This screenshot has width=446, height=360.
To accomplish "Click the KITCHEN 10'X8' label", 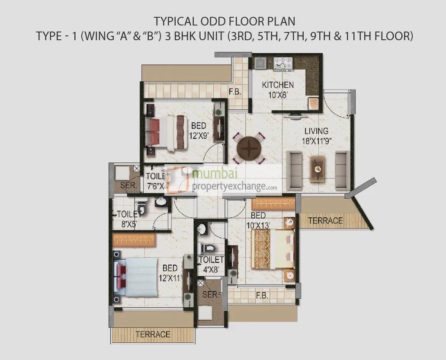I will (277, 89).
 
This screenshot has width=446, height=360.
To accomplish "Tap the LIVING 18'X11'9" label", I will (316, 135).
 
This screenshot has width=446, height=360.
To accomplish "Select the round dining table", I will (249, 148).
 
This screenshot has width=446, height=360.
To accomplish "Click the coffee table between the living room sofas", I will (317, 169).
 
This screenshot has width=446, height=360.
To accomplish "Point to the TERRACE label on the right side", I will (325, 220).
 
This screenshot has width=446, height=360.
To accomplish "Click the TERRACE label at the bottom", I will (153, 334).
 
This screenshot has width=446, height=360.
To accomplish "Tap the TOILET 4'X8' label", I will (211, 264).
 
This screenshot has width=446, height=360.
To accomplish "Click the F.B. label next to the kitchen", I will (235, 92).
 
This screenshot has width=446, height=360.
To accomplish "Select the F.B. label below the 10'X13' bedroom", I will (262, 296).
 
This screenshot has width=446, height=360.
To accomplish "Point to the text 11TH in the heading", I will (365, 36).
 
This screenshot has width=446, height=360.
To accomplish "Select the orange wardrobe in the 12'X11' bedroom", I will (134, 240).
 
